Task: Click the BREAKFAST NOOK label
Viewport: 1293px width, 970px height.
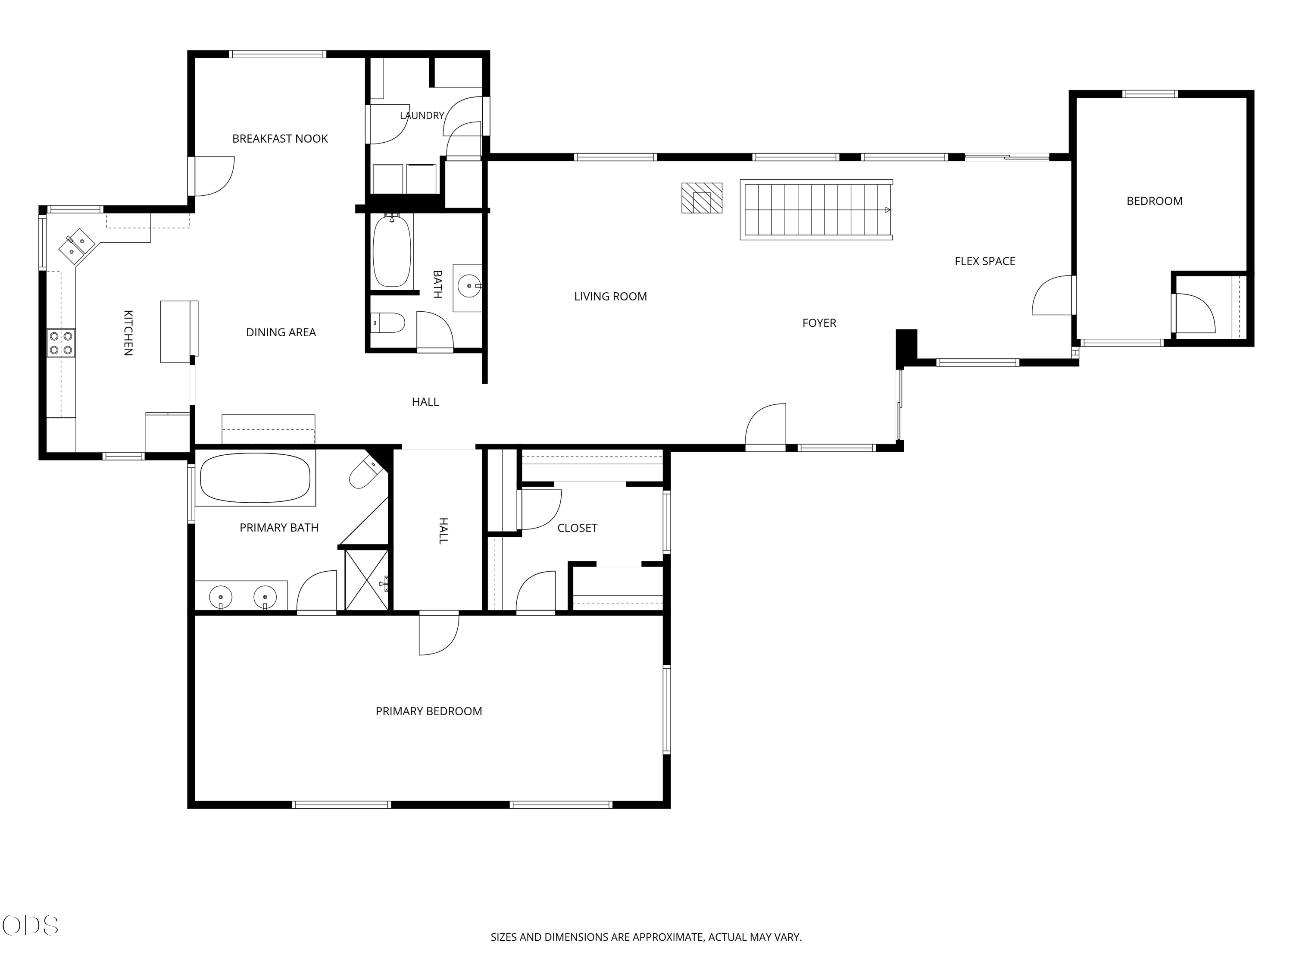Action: pyautogui.click(x=280, y=138)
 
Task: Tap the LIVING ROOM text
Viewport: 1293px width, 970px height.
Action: pyautogui.click(x=610, y=297)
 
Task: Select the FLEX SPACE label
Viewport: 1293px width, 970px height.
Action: pyautogui.click(x=985, y=261)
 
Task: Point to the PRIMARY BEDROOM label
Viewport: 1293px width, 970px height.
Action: pyautogui.click(x=428, y=711)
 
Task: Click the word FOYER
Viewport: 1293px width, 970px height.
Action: pyautogui.click(x=819, y=323)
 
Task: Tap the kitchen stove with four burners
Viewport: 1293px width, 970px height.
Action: pyautogui.click(x=61, y=343)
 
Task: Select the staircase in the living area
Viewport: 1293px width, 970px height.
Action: pyautogui.click(x=816, y=210)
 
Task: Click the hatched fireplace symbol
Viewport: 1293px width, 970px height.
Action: pyautogui.click(x=701, y=198)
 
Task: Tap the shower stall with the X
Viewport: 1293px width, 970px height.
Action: pyautogui.click(x=366, y=579)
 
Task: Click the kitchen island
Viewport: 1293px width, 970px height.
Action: pyautogui.click(x=179, y=332)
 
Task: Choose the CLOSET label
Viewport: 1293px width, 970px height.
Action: pyautogui.click(x=577, y=528)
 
